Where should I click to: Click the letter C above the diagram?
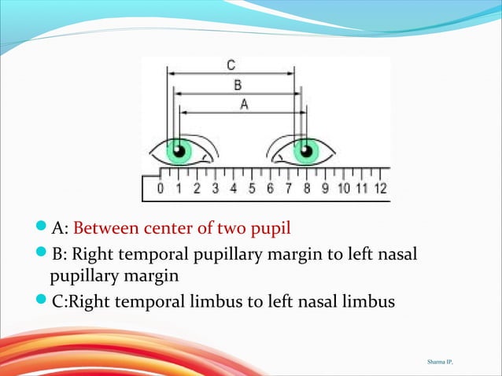(x=230, y=65)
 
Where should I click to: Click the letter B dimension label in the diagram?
(x=236, y=85)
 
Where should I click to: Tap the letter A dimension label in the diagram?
(x=244, y=104)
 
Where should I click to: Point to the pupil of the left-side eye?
(x=179, y=150)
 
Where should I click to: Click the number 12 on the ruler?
(x=379, y=189)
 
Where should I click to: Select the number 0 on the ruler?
(x=161, y=189)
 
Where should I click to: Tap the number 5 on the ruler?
(x=252, y=189)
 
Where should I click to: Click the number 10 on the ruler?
(x=343, y=189)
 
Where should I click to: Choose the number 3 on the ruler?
(x=215, y=189)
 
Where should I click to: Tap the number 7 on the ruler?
(x=288, y=189)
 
